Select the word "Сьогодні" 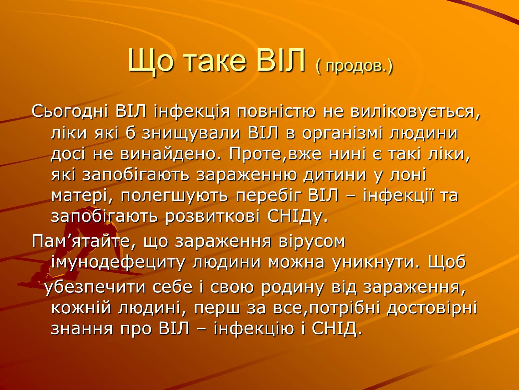pos(70,111)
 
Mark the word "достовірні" pos(432,308)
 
